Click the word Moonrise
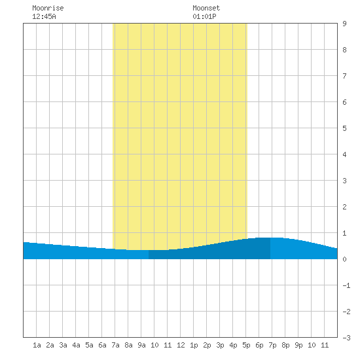(48, 8)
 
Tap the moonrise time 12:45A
(44, 16)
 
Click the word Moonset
(206, 8)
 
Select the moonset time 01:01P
(204, 16)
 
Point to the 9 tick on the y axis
(344, 24)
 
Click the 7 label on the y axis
(344, 76)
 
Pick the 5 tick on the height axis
(344, 128)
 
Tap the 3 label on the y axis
(344, 181)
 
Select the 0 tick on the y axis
(344, 259)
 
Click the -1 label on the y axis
(346, 285)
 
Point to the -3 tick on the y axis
(346, 338)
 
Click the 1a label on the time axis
(37, 345)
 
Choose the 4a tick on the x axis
(76, 345)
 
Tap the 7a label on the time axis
(115, 345)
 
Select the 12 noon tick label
(181, 345)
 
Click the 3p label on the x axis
(220, 345)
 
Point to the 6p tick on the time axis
(259, 345)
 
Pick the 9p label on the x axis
(298, 345)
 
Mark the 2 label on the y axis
(344, 207)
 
